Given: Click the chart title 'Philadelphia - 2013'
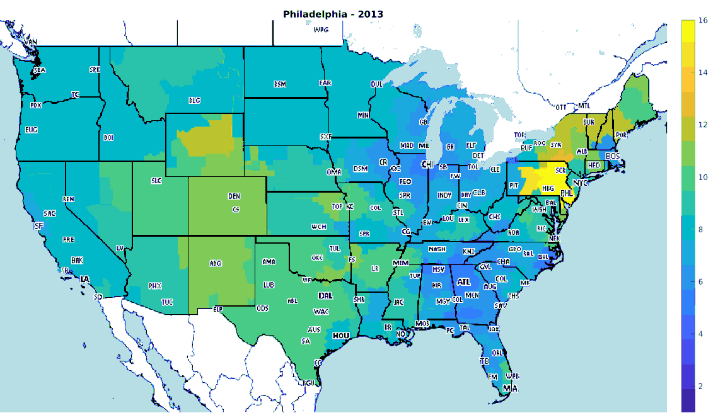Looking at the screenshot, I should (333, 13).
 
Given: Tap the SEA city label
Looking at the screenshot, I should (39, 70).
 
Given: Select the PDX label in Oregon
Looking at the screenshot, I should (36, 105).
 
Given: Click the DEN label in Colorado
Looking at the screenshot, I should (234, 196).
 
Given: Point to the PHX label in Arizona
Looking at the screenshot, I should (155, 286).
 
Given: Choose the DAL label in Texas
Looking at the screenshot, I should (325, 295).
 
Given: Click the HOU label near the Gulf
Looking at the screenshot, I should (341, 336).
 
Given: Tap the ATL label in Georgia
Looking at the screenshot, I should (463, 282).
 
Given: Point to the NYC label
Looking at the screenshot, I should (580, 183).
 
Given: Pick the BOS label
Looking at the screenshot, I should (613, 156).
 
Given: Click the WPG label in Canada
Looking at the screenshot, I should (321, 30).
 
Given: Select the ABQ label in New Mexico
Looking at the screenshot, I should (216, 263).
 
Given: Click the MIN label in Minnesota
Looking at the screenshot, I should (363, 115).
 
